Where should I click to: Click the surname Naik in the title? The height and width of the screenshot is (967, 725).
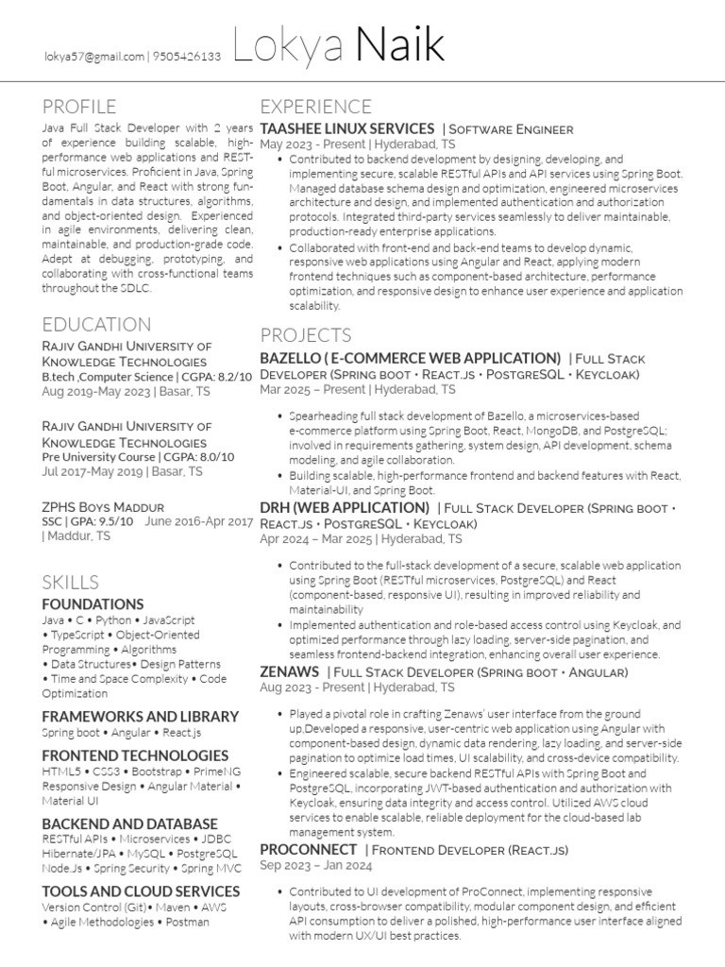tap(400, 47)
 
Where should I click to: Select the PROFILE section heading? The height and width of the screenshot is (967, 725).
tap(79, 106)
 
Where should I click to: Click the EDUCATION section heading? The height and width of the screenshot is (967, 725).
tap(96, 325)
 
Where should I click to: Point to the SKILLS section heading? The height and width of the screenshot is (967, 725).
tap(71, 581)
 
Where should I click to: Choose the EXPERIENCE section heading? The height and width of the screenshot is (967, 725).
tap(315, 106)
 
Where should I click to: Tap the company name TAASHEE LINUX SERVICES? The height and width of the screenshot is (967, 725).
tap(346, 128)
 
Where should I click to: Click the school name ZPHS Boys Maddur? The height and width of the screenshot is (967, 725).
tap(103, 506)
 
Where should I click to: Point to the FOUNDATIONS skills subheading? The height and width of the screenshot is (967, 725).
tap(93, 603)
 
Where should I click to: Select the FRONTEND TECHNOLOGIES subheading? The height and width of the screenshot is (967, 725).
tap(135, 755)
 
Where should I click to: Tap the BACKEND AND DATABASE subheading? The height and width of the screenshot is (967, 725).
tap(130, 823)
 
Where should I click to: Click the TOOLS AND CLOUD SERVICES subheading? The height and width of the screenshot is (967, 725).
tap(141, 891)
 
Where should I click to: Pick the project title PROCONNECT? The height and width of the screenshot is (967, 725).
tap(308, 850)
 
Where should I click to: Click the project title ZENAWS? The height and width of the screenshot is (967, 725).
tap(289, 671)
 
